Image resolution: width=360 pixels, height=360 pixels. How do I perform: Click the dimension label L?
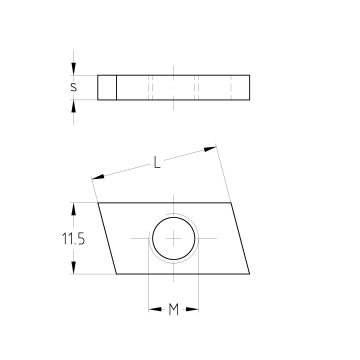click(157, 163)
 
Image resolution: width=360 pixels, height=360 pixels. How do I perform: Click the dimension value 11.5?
click(73, 239)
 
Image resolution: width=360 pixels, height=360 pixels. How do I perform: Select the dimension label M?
click(173, 310)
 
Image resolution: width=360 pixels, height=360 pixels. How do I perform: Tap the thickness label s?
click(73, 87)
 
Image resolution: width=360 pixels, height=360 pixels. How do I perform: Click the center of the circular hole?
click(174, 238)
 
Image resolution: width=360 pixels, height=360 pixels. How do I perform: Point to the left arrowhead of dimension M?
click(155, 310)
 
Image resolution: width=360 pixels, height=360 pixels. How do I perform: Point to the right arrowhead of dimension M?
click(192, 310)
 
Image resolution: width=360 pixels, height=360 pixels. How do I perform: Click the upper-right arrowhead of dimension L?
click(210, 149)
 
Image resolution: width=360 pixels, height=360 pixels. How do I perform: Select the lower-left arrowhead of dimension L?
click(98, 177)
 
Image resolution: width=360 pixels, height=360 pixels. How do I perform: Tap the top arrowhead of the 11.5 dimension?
click(74, 209)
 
